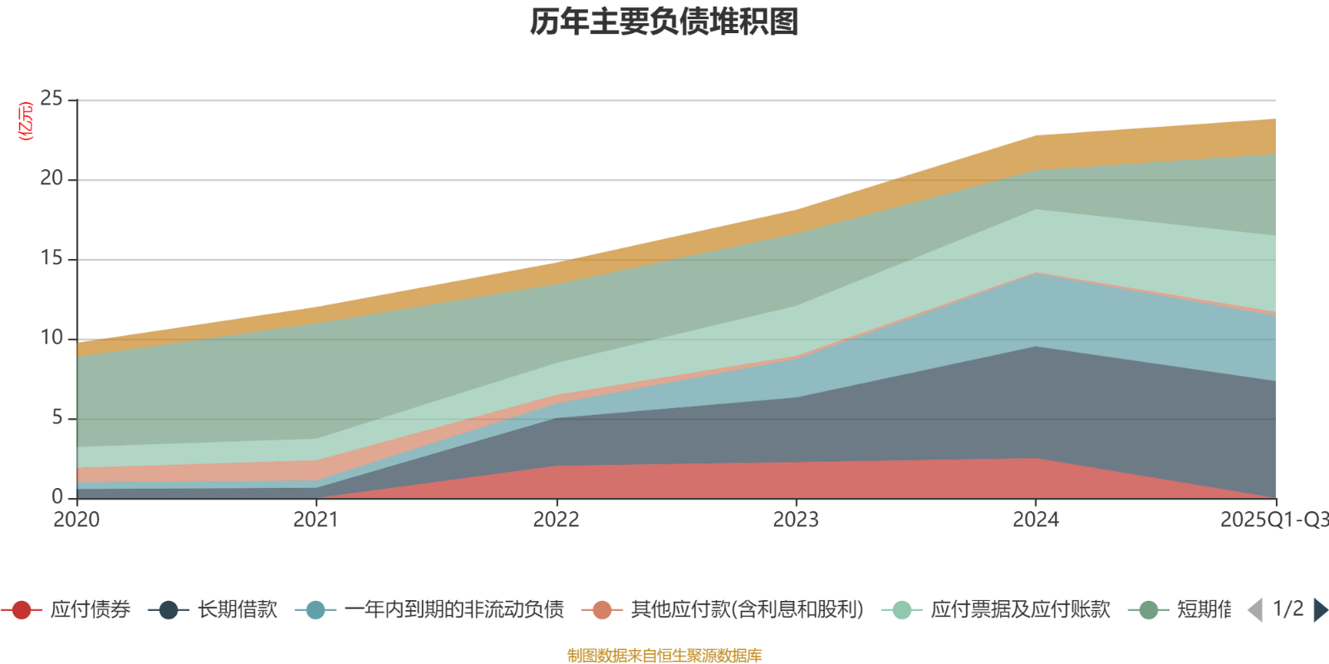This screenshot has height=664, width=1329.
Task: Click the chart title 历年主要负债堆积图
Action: [664, 22]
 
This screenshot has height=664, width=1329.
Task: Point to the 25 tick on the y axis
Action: [51, 100]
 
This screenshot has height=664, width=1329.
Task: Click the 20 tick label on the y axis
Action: [51, 179]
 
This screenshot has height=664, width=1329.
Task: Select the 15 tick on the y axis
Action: [51, 259]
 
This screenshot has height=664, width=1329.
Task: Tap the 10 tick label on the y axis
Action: [51, 339]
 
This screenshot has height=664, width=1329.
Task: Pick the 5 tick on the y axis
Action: [57, 418]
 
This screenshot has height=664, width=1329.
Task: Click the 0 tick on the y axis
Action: [57, 497]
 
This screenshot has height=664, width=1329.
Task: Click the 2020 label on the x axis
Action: [76, 520]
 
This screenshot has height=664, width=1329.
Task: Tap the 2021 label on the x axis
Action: [316, 520]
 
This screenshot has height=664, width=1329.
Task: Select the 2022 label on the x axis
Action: [556, 520]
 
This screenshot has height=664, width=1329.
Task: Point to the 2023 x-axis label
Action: [796, 520]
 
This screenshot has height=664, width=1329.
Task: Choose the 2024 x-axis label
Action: [1035, 520]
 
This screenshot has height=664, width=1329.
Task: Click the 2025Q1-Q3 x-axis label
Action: [1273, 520]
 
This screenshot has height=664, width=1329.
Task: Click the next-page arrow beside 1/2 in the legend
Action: [1319, 610]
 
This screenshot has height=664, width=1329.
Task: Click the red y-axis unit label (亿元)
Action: [26, 121]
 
